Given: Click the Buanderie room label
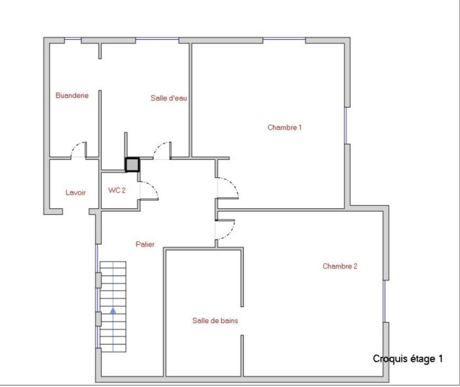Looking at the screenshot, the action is [x=72, y=95].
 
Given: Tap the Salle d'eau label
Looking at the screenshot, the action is [x=169, y=98].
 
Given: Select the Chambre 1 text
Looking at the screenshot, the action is [x=284, y=127].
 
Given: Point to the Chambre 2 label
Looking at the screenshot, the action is [x=340, y=266].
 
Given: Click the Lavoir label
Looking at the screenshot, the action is [x=76, y=192].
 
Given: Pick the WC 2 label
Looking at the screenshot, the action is [x=117, y=190].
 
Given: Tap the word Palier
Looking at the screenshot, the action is [x=145, y=244].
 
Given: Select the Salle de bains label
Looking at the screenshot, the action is [x=215, y=320].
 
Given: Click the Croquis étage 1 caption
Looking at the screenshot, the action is [x=408, y=359].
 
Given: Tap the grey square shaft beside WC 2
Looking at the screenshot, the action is [x=132, y=164].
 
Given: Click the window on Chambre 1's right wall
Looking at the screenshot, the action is [x=346, y=126].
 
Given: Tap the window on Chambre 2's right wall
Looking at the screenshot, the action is [x=384, y=301].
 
